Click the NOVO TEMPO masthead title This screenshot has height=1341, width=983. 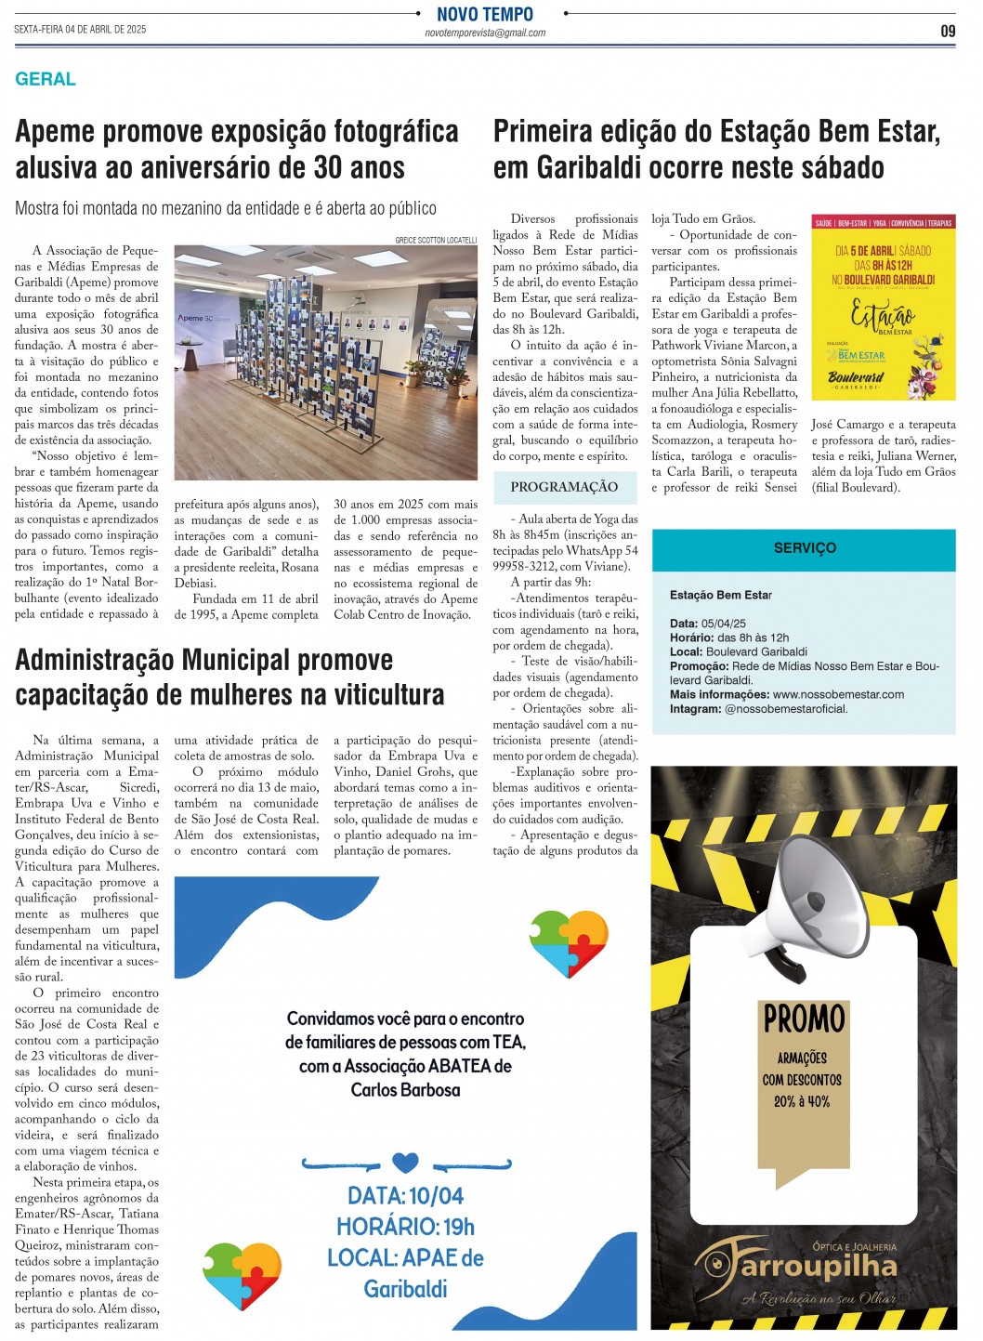[485, 14]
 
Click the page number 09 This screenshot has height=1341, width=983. [948, 31]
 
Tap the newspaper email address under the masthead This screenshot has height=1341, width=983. [485, 33]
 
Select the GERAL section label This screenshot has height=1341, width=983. [46, 79]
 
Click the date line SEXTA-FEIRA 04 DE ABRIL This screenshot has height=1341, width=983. [80, 30]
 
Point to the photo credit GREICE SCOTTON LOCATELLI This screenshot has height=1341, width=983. [436, 240]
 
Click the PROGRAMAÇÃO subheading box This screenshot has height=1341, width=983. [564, 487]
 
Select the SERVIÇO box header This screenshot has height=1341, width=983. [805, 548]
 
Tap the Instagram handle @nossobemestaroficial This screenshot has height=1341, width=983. [785, 709]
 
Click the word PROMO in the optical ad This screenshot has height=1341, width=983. [804, 1019]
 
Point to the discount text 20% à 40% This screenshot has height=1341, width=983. [802, 1101]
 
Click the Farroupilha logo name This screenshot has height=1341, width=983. [805, 1266]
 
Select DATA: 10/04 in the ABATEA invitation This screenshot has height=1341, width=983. [405, 1195]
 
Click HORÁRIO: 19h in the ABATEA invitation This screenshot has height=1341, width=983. [405, 1227]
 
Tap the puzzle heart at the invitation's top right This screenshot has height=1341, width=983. [569, 940]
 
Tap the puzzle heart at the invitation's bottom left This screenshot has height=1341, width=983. [242, 1274]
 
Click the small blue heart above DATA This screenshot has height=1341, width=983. [405, 1162]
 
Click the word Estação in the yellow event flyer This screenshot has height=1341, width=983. [882, 313]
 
